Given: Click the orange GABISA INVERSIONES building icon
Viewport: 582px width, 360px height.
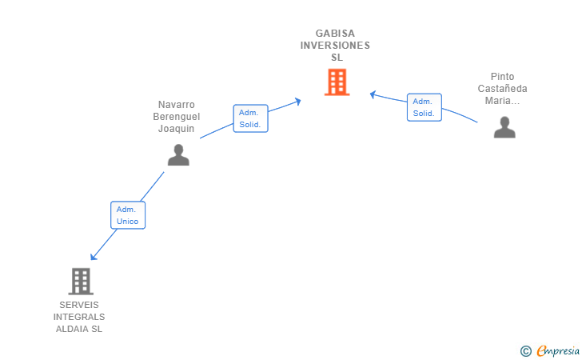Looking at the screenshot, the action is pyautogui.click(x=337, y=82).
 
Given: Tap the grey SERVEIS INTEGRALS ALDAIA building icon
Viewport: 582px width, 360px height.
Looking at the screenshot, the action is pyautogui.click(x=81, y=282).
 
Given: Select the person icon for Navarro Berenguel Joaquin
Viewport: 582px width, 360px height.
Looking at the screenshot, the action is pyautogui.click(x=178, y=155).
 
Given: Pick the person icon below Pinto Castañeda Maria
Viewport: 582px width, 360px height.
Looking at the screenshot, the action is pyautogui.click(x=504, y=127).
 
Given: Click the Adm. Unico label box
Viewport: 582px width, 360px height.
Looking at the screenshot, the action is pyautogui.click(x=128, y=215).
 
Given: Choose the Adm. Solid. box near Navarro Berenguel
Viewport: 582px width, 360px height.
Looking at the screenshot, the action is pyautogui.click(x=250, y=118).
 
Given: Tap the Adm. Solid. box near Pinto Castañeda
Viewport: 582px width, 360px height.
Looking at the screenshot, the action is pyautogui.click(x=425, y=107).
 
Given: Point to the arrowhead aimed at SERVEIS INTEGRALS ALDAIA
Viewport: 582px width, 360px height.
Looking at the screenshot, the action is pyautogui.click(x=94, y=257).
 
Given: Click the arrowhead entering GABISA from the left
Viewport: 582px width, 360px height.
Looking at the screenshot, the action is pyautogui.click(x=297, y=102).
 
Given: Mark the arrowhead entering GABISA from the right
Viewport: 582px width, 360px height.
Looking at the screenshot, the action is pyautogui.click(x=373, y=94).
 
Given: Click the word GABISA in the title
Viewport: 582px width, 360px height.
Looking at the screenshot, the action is pyautogui.click(x=335, y=34).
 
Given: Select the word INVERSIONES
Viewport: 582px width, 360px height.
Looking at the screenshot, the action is pyautogui.click(x=335, y=46).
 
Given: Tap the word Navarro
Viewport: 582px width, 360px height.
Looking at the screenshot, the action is pyautogui.click(x=177, y=104).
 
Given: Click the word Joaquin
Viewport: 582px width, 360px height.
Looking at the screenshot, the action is pyautogui.click(x=177, y=129).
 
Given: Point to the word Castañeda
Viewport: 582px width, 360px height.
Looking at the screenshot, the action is pyautogui.click(x=502, y=89).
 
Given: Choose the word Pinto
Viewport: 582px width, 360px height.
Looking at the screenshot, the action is pyautogui.click(x=502, y=77).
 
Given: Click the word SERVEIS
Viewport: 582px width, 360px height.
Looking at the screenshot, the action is pyautogui.click(x=79, y=305).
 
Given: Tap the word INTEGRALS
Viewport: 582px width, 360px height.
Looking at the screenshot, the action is pyautogui.click(x=79, y=317).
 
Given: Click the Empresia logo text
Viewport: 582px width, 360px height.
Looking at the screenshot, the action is pyautogui.click(x=558, y=350).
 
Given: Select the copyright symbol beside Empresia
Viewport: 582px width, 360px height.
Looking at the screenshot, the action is pyautogui.click(x=526, y=351).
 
